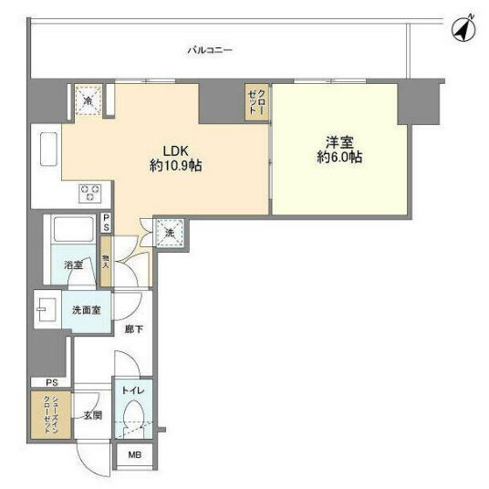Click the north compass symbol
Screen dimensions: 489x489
coord(465,30)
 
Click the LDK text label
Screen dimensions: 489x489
coord(175,150)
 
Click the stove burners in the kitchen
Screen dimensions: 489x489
coord(90,192)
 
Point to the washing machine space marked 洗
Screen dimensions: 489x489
coord(170,234)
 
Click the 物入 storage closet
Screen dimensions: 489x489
coord(107,261)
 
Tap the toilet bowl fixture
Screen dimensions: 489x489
coord(133,420)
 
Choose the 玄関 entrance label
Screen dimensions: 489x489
coord(93,414)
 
